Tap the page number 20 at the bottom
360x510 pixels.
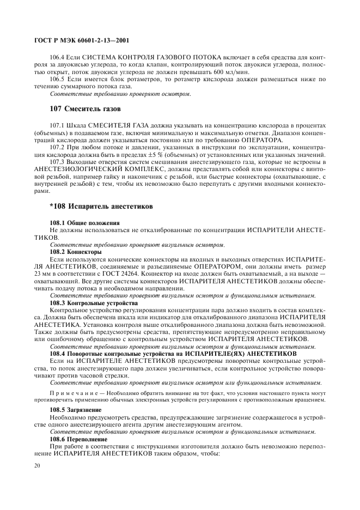tap(37, 465)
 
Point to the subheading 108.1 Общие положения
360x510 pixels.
tap(84, 223)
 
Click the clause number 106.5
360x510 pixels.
tap(58, 80)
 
